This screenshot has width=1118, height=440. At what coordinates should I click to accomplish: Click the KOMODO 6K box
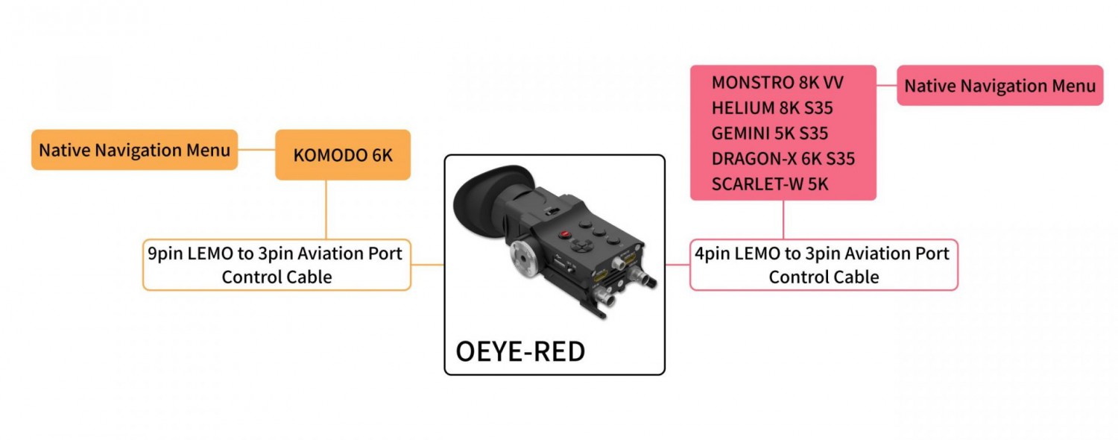point(343,155)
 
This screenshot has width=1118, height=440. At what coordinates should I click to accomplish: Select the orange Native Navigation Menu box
point(134,150)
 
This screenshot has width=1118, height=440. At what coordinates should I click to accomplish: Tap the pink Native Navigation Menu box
point(999,86)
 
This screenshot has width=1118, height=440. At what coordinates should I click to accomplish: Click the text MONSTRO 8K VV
point(777,82)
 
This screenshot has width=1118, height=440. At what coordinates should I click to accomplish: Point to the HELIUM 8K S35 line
point(772,107)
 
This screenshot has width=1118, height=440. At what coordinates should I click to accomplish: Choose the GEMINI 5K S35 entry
point(770,133)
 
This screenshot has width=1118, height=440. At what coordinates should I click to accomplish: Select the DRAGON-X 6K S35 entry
point(783,159)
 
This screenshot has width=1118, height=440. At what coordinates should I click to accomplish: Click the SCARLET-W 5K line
point(770,184)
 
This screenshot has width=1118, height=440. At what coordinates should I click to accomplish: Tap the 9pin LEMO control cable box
point(277,265)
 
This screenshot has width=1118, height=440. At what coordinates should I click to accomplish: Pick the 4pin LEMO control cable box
point(824,265)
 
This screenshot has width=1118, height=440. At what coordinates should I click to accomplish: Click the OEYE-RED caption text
point(519,351)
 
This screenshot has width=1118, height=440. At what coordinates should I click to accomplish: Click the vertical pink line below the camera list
point(783,219)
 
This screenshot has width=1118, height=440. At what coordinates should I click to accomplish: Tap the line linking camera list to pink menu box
point(886,85)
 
